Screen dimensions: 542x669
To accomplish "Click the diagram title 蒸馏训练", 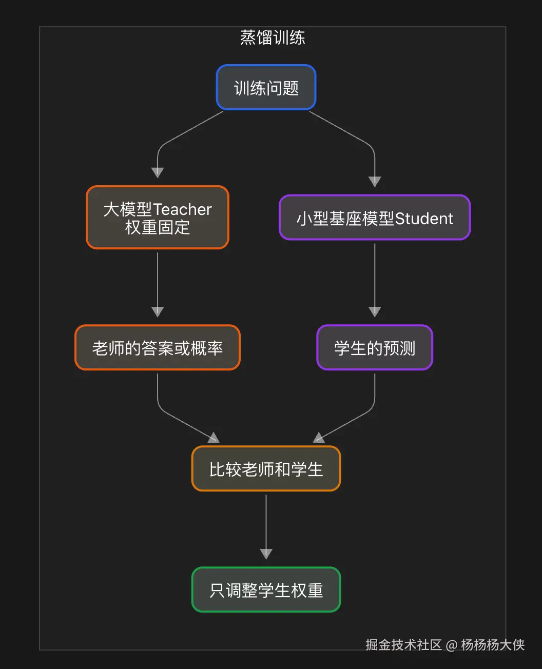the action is pyautogui.click(x=273, y=37).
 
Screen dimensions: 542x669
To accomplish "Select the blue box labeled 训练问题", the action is pyautogui.click(x=266, y=87).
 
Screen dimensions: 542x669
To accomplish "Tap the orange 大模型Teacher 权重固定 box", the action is pyautogui.click(x=158, y=218).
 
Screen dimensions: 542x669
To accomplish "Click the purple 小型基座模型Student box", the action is pyautogui.click(x=375, y=218).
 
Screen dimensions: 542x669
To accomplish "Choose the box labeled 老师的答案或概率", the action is pyautogui.click(x=158, y=347).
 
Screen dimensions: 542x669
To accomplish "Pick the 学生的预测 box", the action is pyautogui.click(x=375, y=347).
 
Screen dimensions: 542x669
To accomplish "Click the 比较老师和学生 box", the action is pyautogui.click(x=266, y=468).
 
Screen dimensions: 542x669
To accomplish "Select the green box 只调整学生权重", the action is pyautogui.click(x=266, y=589).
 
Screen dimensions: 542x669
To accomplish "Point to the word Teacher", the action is pyautogui.click(x=183, y=209).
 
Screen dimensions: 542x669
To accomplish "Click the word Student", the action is pyautogui.click(x=424, y=218).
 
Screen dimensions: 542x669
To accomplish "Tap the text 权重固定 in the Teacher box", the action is pyautogui.click(x=158, y=227).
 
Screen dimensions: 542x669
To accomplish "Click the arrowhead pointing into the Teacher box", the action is pyautogui.click(x=158, y=173).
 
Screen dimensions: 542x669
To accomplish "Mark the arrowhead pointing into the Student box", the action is pyautogui.click(x=375, y=182).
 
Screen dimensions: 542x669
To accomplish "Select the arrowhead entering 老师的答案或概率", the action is pyautogui.click(x=158, y=312).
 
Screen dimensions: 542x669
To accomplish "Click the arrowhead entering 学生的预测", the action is pyautogui.click(x=375, y=312).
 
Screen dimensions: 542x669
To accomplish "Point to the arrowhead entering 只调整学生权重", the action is pyautogui.click(x=266, y=554).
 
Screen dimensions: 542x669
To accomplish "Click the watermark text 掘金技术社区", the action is pyautogui.click(x=403, y=645).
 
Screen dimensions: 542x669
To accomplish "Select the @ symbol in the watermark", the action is pyautogui.click(x=451, y=645).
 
